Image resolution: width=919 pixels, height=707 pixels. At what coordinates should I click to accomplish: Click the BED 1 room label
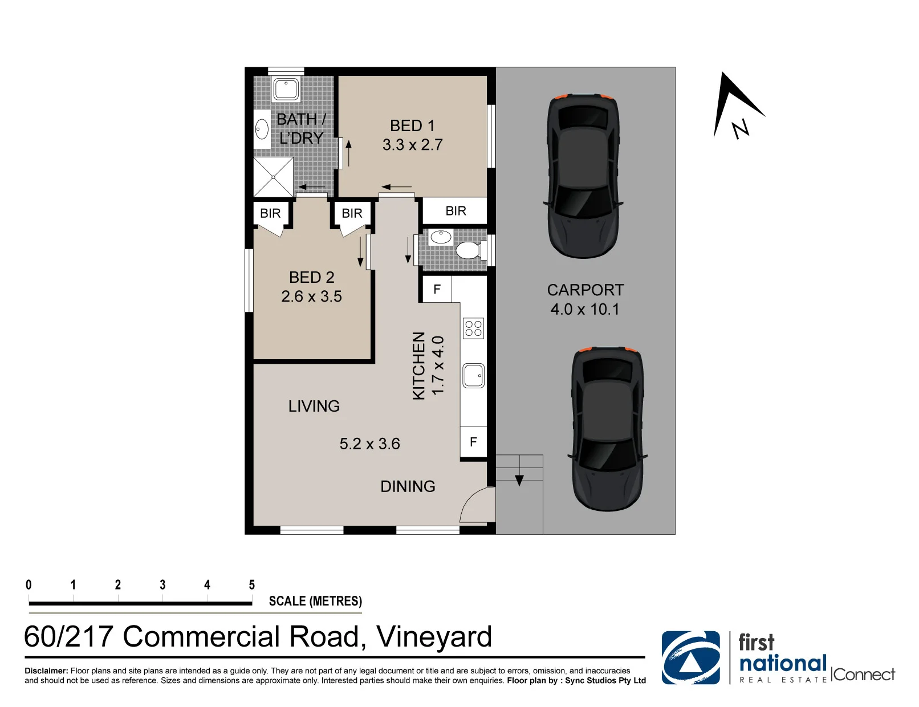point(412,125)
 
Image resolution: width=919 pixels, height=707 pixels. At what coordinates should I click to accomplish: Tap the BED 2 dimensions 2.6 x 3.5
point(311,296)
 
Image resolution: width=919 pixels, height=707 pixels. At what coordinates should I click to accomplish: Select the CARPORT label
point(585,290)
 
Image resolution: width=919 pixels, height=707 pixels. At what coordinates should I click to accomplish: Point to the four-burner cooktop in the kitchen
point(473,328)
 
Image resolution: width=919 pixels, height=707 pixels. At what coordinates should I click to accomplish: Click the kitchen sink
point(474,376)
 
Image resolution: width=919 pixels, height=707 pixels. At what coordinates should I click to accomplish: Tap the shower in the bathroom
point(273,177)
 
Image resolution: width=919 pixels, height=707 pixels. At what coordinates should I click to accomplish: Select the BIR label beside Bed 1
point(456,210)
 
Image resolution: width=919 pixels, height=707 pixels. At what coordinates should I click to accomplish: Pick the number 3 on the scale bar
point(162,585)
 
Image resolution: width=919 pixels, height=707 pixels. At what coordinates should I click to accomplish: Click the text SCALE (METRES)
point(315,601)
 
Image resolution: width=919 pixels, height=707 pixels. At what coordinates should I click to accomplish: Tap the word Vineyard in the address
point(434,637)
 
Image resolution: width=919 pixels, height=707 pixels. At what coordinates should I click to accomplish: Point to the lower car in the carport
point(607,429)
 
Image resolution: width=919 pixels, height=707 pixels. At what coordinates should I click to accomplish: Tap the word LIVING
point(314,407)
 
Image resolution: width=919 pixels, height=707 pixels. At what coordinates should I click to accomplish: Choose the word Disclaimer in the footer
point(46,671)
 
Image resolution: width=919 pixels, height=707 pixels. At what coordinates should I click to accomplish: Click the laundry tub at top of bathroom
point(286,89)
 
